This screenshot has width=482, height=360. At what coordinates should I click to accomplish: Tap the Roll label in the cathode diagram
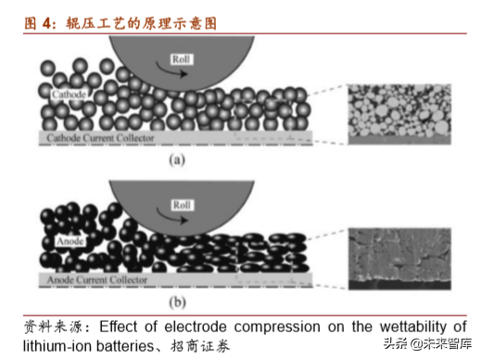(181, 59)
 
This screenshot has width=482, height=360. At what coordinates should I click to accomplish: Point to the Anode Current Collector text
(95, 279)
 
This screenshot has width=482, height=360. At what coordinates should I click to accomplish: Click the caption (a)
(175, 160)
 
